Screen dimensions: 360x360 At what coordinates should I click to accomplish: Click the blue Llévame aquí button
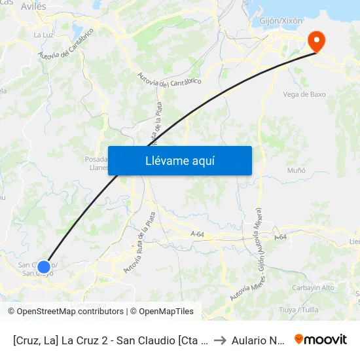(x=179, y=160)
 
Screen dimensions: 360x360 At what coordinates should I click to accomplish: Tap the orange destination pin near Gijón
(x=316, y=42)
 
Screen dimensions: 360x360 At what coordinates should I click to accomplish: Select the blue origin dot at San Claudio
(x=44, y=266)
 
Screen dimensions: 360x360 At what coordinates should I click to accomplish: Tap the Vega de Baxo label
(x=304, y=94)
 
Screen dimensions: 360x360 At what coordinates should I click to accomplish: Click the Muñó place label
(x=297, y=170)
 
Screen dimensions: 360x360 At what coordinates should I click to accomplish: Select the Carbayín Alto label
(x=314, y=288)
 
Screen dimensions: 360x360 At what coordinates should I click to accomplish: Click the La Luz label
(x=43, y=35)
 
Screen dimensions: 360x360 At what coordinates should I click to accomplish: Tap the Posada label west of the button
(x=96, y=159)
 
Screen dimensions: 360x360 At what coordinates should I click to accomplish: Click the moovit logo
(x=320, y=340)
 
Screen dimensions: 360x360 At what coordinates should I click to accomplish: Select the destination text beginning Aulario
(x=258, y=340)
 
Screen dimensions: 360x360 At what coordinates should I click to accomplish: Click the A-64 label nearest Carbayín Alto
(x=280, y=237)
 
